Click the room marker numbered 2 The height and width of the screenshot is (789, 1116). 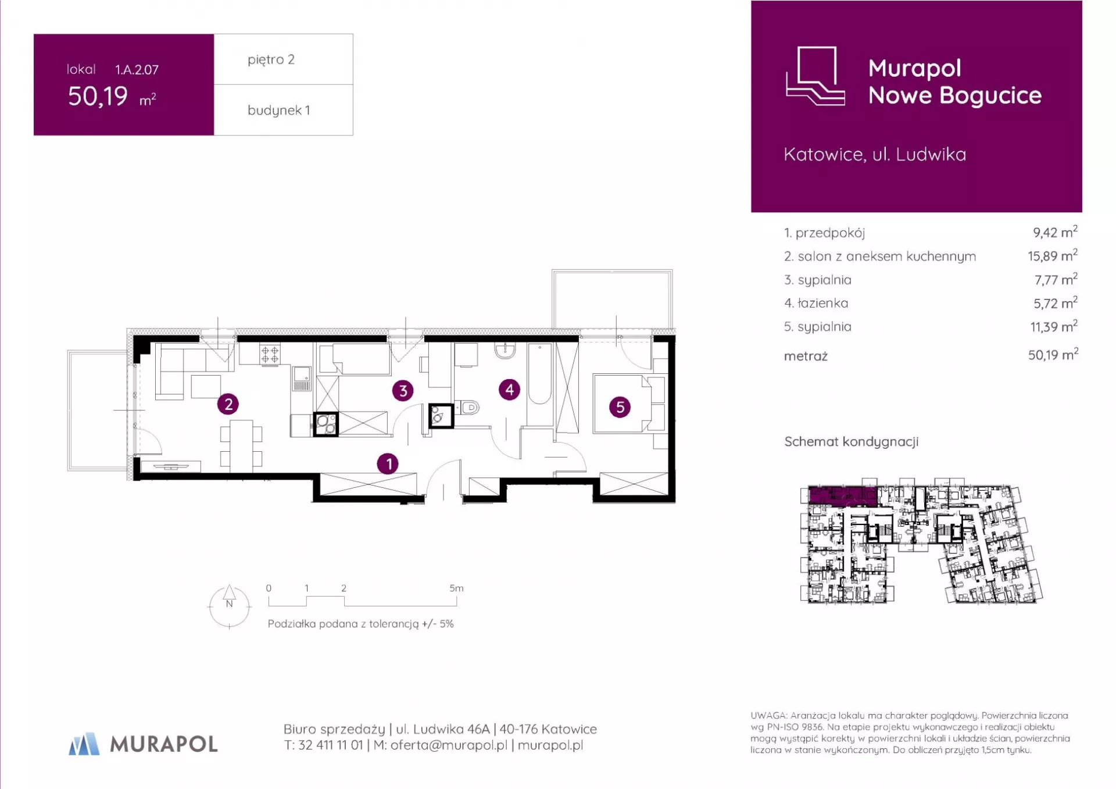[228, 404]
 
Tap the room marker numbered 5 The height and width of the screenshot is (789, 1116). [620, 407]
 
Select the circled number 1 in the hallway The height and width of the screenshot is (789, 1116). [388, 463]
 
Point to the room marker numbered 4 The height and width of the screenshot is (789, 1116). [510, 389]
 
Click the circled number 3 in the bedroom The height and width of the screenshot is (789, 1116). [403, 391]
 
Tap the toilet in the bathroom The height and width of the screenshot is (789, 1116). [467, 408]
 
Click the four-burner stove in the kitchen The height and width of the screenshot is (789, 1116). [270, 354]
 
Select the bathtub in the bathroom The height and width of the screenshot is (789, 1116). [540, 373]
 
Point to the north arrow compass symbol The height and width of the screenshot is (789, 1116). [230, 606]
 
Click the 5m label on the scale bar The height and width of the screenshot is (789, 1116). [456, 588]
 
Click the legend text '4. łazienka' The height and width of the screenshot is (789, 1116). [816, 303]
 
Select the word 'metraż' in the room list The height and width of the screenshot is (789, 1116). [806, 356]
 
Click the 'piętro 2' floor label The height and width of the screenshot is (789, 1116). [271, 59]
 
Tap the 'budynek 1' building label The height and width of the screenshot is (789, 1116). [278, 110]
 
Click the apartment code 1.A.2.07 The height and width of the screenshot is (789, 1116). [137, 70]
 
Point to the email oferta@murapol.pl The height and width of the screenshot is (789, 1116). [449, 745]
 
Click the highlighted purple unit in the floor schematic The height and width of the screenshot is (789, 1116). [843, 495]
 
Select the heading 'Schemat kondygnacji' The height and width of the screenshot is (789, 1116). [852, 442]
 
